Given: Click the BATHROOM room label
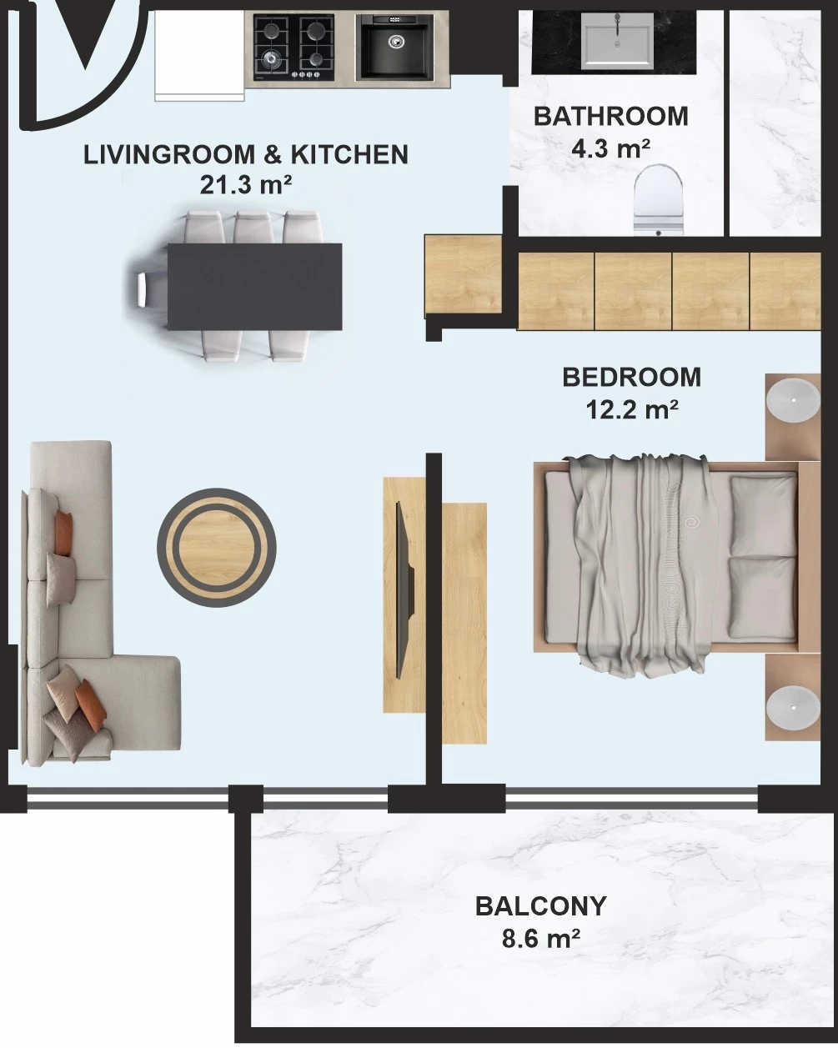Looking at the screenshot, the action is click(x=611, y=117).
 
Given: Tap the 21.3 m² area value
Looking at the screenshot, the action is click(x=245, y=185).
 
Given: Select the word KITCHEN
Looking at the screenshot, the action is click(x=349, y=154).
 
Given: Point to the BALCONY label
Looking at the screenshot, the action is click(x=541, y=905).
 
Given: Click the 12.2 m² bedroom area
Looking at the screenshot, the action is click(x=632, y=409).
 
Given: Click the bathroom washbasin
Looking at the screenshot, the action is click(x=617, y=39).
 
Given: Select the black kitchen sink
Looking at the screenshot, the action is click(x=394, y=46).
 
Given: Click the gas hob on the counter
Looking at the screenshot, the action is click(x=294, y=47).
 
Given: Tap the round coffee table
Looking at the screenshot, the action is click(x=217, y=548).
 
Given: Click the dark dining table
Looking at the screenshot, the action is click(x=254, y=287).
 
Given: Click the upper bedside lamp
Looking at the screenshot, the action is click(x=793, y=400).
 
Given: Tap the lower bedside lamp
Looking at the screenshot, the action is click(x=793, y=708).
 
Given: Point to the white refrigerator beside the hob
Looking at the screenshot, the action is click(x=199, y=56).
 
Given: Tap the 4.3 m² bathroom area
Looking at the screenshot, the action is click(x=611, y=148).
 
